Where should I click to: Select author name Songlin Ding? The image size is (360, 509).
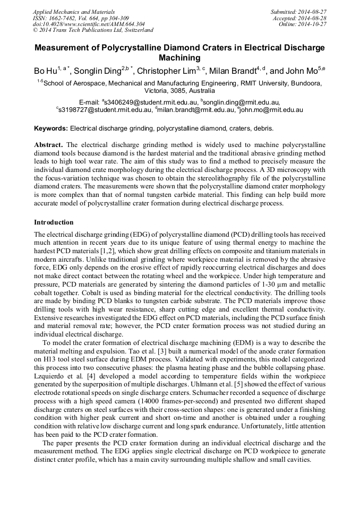[97, 71]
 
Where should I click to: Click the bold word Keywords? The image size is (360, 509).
[51, 128]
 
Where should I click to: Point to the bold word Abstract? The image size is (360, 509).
[48, 145]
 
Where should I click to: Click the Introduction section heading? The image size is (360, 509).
[54, 222]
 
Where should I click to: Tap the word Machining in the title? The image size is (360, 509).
[179, 58]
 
